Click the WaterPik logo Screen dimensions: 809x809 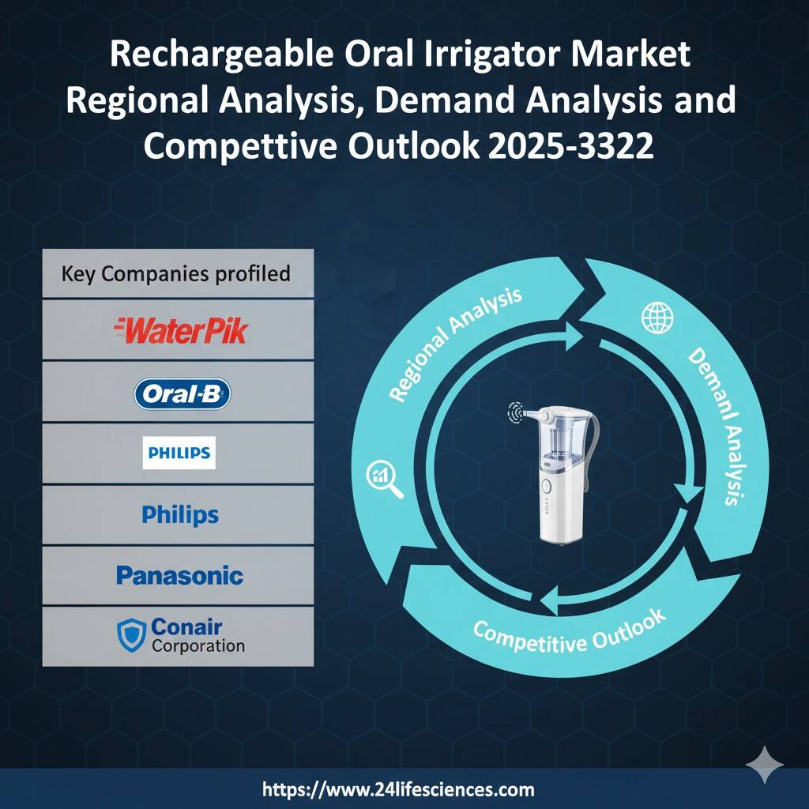point(181,329)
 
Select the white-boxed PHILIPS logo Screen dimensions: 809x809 point(179,453)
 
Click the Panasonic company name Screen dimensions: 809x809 point(179,575)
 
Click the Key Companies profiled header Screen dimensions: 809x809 point(176,274)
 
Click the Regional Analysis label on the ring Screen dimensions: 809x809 point(456,344)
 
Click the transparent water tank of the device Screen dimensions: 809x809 point(556,443)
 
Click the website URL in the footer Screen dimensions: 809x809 point(397,788)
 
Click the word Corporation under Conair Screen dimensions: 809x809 point(198,645)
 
